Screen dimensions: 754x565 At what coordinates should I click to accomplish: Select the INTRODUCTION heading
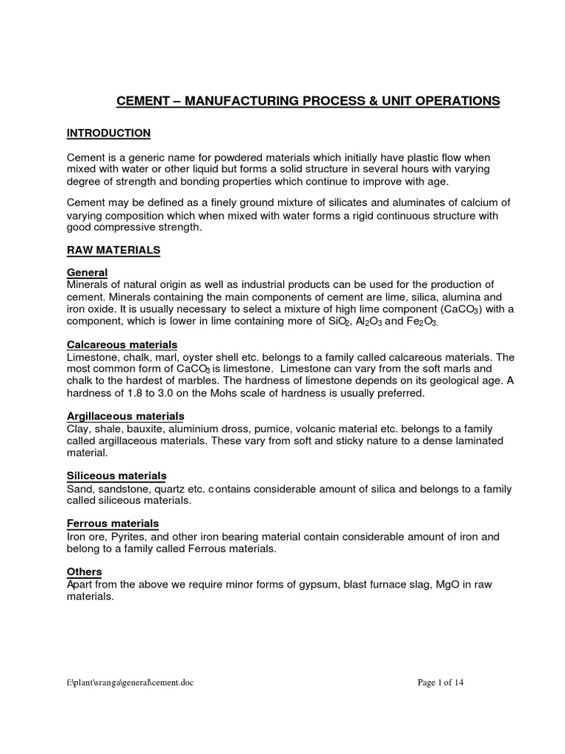point(109,133)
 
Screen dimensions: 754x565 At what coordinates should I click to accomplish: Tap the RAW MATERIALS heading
point(113,250)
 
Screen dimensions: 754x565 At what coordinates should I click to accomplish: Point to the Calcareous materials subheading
point(122,345)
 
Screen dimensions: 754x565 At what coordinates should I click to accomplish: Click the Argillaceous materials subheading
point(126,416)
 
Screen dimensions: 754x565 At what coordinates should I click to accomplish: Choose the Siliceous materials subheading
point(116,476)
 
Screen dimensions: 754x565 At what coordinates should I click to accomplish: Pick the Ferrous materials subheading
point(113,524)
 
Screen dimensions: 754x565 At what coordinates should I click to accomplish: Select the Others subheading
point(85,571)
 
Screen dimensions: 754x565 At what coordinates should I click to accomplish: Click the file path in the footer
point(131,683)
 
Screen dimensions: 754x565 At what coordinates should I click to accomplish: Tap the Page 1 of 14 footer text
point(441,683)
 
